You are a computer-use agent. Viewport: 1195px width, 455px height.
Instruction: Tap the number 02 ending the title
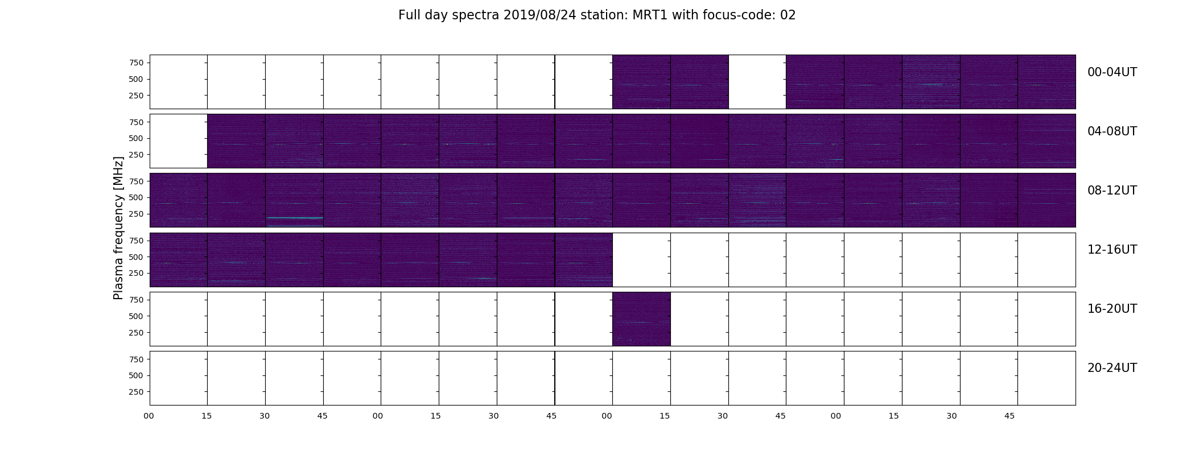[x=788, y=15]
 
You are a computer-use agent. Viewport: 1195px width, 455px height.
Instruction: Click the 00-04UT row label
[x=1112, y=72]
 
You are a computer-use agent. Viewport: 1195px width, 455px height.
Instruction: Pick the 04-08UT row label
[x=1112, y=131]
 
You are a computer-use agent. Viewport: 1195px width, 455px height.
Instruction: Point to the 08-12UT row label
[x=1112, y=191]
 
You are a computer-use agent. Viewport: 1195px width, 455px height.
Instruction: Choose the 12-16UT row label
[x=1112, y=250]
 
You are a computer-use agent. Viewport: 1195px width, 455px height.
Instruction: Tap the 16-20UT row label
[x=1112, y=309]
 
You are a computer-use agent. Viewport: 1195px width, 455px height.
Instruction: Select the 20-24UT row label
[x=1112, y=368]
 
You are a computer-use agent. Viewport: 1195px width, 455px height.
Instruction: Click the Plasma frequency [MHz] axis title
[x=118, y=228]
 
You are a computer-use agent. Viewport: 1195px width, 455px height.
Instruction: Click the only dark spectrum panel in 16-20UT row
[x=641, y=319]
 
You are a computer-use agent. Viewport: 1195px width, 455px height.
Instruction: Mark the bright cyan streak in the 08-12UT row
[x=295, y=218]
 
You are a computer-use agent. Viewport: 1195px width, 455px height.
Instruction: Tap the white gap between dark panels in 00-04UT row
[x=757, y=82]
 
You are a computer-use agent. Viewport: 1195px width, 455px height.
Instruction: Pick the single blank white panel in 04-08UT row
[x=179, y=141]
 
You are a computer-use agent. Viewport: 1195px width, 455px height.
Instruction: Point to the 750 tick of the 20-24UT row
[x=136, y=359]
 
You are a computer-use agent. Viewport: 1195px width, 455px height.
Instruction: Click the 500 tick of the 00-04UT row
[x=136, y=79]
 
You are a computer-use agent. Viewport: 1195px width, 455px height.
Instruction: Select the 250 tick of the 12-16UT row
[x=136, y=274]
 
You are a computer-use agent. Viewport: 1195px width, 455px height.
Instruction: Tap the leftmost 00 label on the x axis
[x=149, y=416]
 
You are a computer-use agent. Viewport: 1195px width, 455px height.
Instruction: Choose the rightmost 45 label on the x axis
[x=1009, y=416]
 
